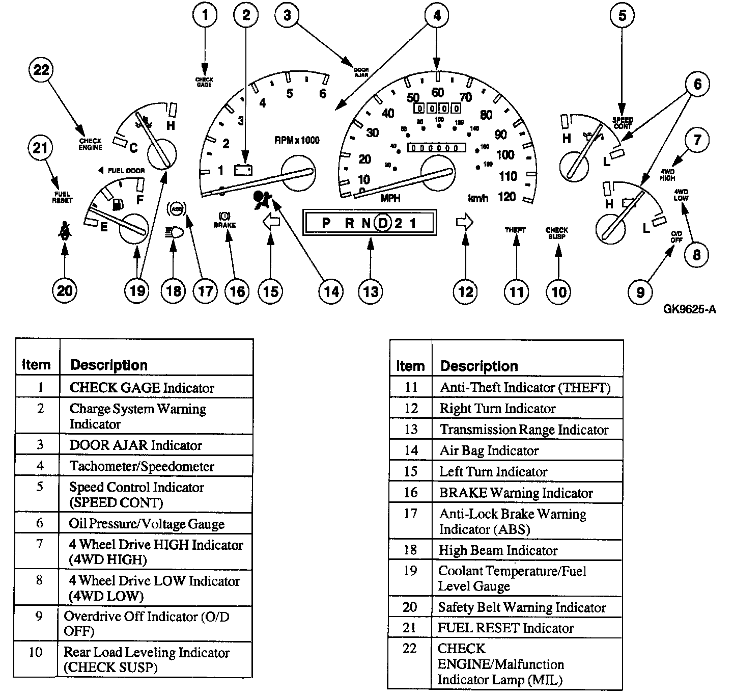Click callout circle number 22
[41, 70]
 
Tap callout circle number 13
[371, 291]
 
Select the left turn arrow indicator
[271, 223]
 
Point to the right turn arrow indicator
[465, 222]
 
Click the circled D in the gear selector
[383, 223]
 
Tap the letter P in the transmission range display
[326, 223]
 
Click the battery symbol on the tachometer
[243, 170]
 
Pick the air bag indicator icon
[262, 200]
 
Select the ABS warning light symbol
[177, 208]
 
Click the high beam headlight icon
[174, 233]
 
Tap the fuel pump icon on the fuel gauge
[117, 204]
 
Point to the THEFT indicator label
[515, 230]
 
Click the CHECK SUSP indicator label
[556, 233]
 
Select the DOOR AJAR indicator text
[361, 72]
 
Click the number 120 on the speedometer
[507, 197]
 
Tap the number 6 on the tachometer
[323, 93]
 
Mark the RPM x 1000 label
[297, 141]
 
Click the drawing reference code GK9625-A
[689, 309]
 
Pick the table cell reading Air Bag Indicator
[489, 451]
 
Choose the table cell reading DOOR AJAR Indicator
[136, 445]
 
